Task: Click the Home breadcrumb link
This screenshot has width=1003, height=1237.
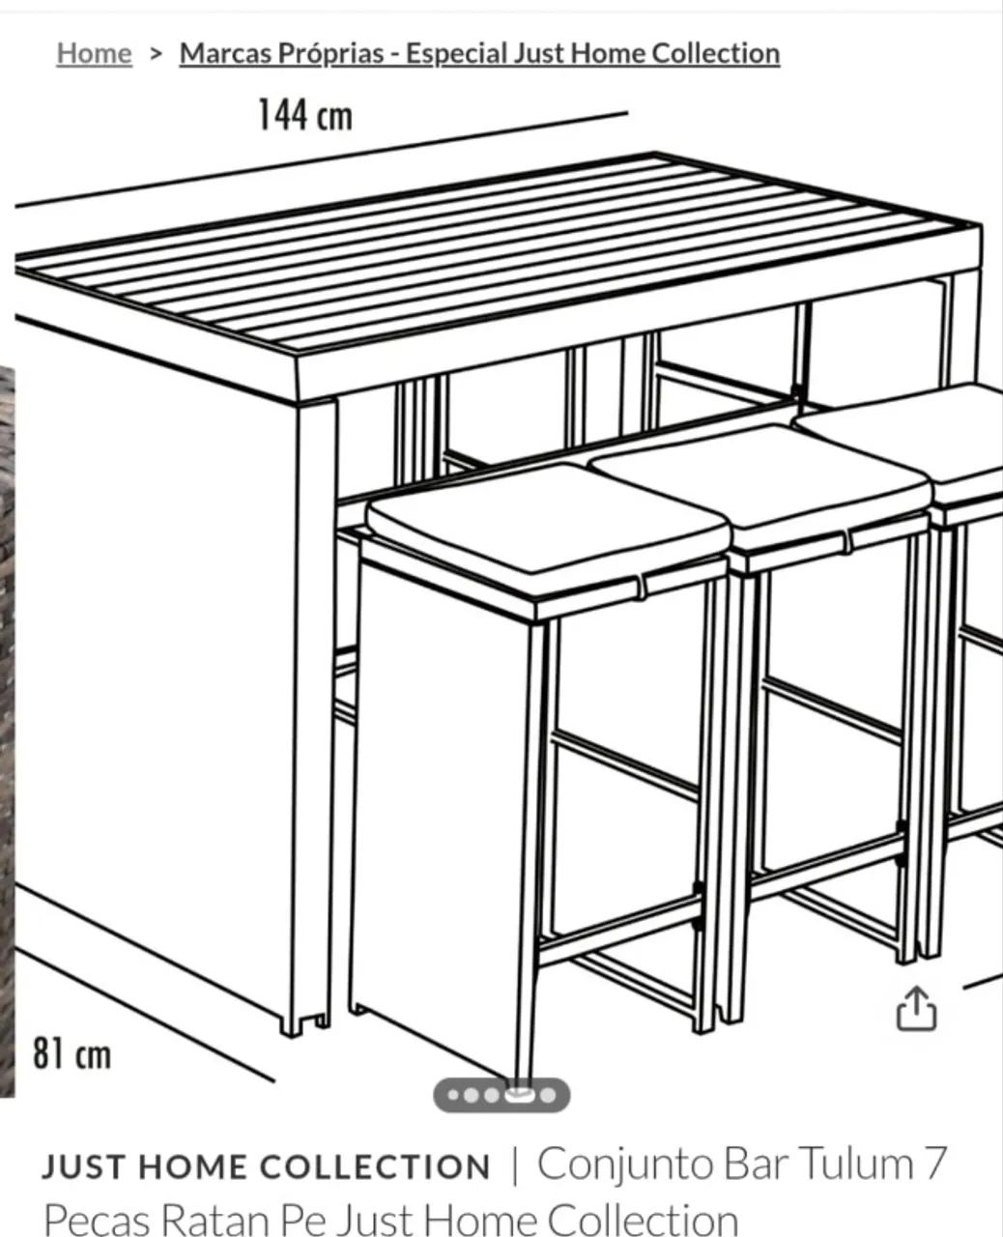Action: pos(94,53)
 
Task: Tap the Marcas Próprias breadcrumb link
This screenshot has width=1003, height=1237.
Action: pos(479,54)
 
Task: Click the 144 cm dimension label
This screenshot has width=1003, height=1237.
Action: pos(305,115)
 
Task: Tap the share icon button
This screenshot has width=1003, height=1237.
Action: pos(916,1008)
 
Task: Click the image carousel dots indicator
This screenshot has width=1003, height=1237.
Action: pos(501,1095)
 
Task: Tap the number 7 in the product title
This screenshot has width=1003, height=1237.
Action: pos(935,1165)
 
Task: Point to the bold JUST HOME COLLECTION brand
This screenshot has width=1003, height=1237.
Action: pos(266,1167)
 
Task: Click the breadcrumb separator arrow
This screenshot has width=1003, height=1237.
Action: pos(155,54)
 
